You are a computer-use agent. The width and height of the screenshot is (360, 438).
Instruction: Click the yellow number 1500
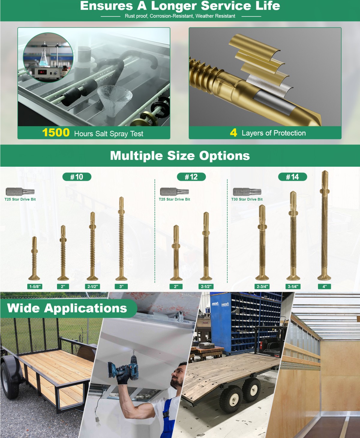pos(56,133)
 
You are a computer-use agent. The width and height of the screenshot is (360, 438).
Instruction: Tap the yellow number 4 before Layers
pos(233,133)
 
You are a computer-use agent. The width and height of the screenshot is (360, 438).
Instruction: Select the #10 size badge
pos(77,177)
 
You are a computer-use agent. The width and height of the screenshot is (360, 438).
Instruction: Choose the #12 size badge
pos(191,177)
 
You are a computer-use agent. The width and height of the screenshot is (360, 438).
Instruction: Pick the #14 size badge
pos(292,177)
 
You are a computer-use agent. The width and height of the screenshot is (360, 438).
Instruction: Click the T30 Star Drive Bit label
pos(247,199)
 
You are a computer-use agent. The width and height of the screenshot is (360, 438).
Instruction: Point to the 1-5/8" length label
pos(35,287)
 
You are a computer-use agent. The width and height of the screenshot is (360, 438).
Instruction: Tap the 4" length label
pos(325,287)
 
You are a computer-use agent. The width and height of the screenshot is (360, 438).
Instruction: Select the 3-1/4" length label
pos(293,287)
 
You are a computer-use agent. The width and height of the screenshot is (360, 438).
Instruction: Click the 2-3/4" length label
pos(262,287)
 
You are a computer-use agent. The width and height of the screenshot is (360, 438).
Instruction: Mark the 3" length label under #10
pos(121,287)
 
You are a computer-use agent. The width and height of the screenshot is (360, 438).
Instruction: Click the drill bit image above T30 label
pos(247,192)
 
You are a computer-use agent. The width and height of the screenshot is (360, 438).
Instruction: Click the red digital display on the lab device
pos(42,72)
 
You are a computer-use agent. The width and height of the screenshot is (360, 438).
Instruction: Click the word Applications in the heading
pos(85,308)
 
